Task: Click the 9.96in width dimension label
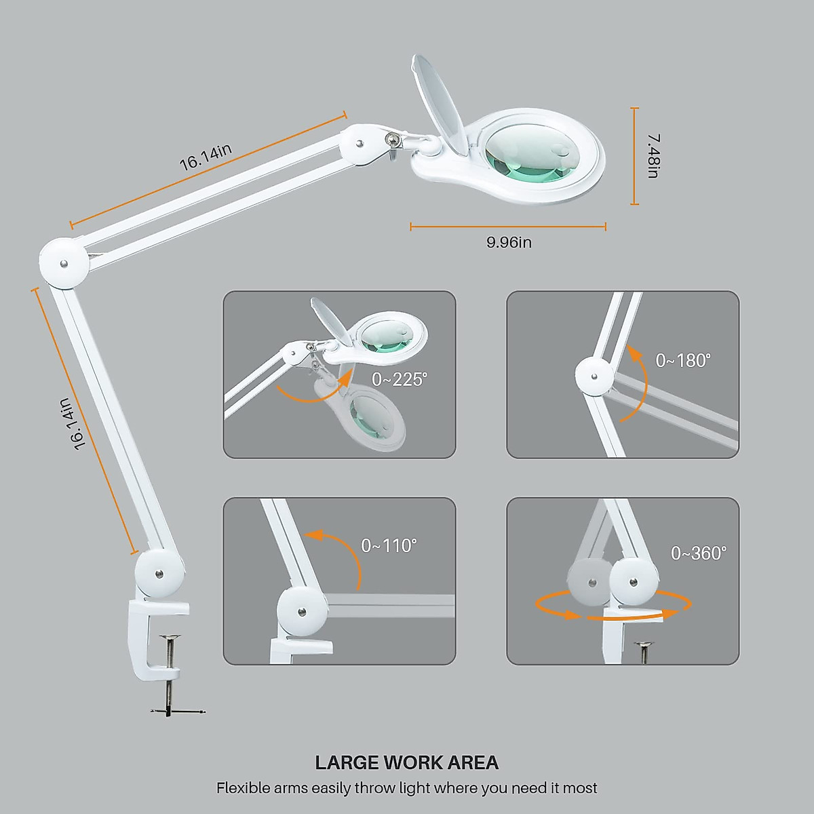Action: click(509, 242)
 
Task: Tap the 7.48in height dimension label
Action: click(653, 156)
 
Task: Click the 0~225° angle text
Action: click(400, 379)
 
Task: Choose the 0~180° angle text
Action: click(682, 360)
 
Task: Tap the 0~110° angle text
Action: click(389, 545)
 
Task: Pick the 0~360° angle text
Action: click(698, 554)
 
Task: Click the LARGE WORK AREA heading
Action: click(407, 762)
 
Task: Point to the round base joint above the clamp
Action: click(159, 574)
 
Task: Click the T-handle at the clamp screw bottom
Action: click(178, 710)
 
